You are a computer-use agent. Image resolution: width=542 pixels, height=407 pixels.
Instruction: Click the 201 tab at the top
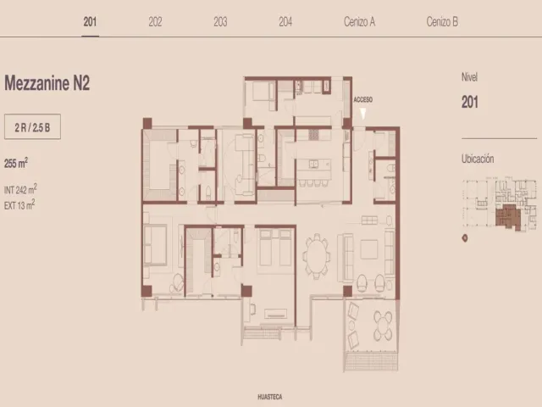90,22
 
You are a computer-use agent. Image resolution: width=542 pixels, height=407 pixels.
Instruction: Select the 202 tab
155,22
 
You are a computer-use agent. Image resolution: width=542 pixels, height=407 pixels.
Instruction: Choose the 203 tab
220,22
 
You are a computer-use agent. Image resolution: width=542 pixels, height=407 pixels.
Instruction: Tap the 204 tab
285,22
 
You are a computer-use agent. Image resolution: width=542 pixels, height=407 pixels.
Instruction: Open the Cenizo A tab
359,22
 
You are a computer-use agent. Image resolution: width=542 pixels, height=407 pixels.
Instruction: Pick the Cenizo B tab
442,22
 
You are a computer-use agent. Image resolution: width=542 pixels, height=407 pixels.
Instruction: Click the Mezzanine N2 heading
47,83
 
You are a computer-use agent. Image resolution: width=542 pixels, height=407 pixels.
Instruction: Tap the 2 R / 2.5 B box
32,126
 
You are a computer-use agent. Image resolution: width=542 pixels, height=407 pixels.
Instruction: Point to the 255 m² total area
16,163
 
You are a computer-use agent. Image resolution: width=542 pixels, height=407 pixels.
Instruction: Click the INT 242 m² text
20,189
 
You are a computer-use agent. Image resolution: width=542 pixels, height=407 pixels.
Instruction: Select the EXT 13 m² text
19,205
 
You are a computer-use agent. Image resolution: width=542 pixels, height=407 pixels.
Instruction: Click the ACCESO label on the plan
363,100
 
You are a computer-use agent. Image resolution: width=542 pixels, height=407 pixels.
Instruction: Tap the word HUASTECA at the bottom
270,397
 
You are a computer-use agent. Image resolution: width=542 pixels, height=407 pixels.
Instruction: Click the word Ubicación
478,159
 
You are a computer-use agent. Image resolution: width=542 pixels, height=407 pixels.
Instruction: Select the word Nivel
469,77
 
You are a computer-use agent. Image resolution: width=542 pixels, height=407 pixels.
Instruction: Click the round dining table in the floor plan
316,255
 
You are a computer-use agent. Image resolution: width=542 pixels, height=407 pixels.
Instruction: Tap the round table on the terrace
383,326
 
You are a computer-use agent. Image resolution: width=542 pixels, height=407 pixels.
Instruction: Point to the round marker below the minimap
465,238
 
